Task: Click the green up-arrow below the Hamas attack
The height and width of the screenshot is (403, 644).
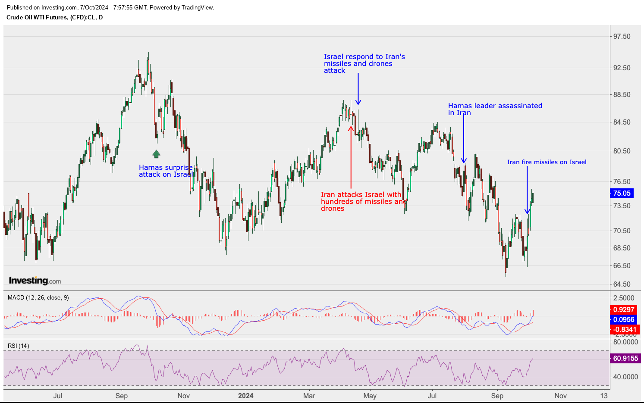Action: pos(156,154)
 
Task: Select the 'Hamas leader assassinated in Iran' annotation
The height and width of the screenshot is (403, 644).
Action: pos(495,109)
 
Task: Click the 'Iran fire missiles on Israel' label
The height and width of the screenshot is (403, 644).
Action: pos(547,162)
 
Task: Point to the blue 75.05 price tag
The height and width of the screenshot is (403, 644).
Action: pos(622,194)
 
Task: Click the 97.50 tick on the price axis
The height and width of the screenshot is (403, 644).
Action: pos(622,37)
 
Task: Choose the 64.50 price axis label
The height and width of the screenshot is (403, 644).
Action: pos(622,284)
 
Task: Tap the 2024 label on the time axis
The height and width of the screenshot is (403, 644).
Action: pos(246,396)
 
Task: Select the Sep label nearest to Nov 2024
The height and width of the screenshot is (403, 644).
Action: pos(497,396)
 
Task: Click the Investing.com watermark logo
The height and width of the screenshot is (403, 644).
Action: pos(35,281)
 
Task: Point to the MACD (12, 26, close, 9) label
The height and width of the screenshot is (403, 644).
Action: pos(38,297)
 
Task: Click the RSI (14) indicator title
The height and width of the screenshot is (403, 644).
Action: pos(19,346)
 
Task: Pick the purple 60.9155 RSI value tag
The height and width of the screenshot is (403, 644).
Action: pos(625,358)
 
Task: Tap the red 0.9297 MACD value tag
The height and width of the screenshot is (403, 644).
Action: pos(624,309)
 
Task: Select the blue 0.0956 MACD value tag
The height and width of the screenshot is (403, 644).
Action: pos(624,319)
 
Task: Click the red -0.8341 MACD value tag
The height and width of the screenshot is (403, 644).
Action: pos(624,329)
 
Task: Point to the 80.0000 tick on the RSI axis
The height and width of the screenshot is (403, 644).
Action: pos(625,342)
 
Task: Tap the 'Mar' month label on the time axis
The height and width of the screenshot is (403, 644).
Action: pos(309,396)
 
